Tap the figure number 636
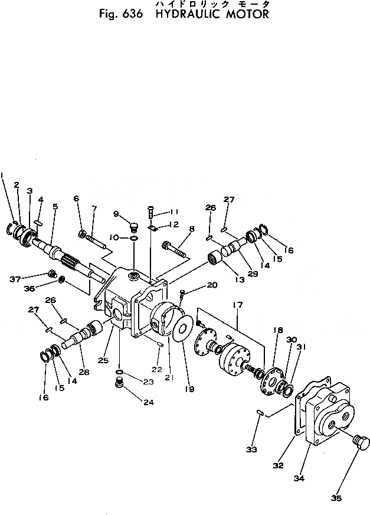(x=132, y=14)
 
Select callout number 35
(x=336, y=498)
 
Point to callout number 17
(x=237, y=305)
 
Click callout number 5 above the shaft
(x=55, y=207)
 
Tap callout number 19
(x=189, y=389)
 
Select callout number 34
(x=299, y=478)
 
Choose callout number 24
(x=148, y=402)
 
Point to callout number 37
(x=15, y=279)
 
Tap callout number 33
(x=251, y=449)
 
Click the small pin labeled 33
(x=260, y=412)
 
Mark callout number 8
(x=192, y=229)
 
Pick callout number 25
(x=103, y=360)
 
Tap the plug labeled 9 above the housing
(x=133, y=227)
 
